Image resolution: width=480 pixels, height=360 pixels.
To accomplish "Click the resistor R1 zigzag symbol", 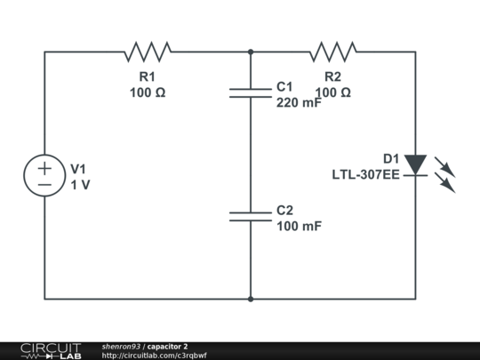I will point(148,52).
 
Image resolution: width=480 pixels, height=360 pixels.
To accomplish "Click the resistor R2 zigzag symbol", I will point(332,52).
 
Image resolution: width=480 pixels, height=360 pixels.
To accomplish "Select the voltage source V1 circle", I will point(44,175).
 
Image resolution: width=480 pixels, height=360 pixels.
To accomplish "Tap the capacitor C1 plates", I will point(251,92).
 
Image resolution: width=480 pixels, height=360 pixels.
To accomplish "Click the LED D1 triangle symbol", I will point(415,164).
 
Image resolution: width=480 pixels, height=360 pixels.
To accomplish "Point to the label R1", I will point(148,77).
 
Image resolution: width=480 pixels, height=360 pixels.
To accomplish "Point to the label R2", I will point(332,77).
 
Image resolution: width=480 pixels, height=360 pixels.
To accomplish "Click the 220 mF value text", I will point(299,102).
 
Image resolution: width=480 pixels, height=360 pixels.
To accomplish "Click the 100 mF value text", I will point(299,227).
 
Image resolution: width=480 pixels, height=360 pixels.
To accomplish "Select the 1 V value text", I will point(80,184).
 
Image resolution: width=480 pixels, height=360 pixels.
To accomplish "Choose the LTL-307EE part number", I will point(365,173).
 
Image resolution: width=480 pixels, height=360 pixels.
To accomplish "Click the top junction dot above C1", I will point(251,52).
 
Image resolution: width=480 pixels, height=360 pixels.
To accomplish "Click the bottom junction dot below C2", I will point(251,299).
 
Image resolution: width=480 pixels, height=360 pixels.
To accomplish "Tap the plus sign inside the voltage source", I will point(44,167).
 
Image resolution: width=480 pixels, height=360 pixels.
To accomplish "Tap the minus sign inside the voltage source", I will point(44,184).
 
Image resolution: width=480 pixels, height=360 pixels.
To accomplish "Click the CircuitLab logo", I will point(51,350).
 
